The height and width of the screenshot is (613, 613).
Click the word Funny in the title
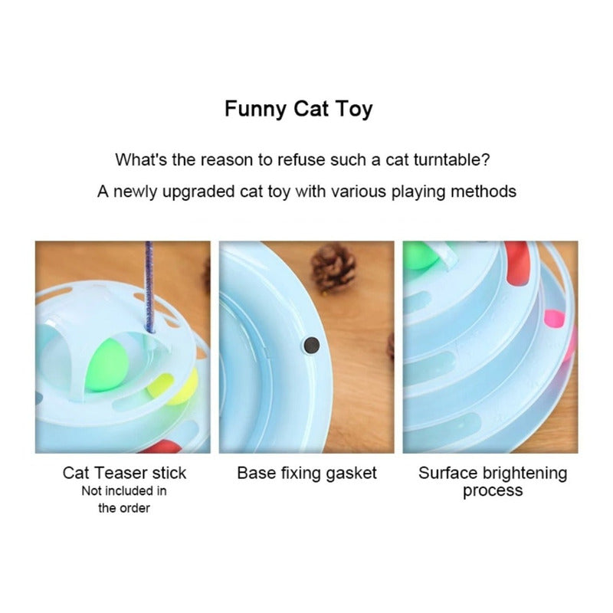click(255, 109)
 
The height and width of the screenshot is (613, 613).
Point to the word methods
click(484, 192)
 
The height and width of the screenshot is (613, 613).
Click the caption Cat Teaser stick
click(124, 473)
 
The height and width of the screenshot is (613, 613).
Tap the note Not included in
click(124, 490)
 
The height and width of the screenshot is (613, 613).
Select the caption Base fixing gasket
click(306, 474)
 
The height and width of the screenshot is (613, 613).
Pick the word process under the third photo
click(493, 491)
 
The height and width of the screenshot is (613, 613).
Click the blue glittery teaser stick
click(149, 287)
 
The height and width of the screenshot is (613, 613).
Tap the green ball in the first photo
click(107, 366)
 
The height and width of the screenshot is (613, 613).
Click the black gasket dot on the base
click(312, 346)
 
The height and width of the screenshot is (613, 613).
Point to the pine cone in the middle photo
click(333, 267)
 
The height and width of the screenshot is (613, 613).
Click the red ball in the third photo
click(516, 262)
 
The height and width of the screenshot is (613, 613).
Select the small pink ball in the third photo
click(554, 319)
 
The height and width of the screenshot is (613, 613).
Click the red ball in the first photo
click(161, 447)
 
